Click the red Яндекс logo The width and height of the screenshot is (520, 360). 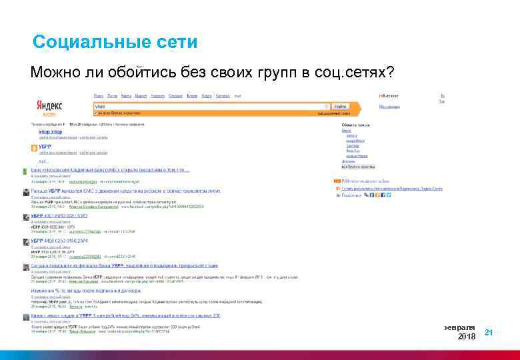point(49,106)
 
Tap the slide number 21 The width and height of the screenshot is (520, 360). point(489,332)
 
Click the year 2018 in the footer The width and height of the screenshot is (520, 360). point(467,337)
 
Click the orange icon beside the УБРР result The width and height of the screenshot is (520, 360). point(33,149)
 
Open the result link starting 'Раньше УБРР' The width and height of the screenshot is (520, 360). point(100,190)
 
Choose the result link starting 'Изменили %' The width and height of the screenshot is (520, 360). point(80,291)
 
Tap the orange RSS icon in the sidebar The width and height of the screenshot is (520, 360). point(337,181)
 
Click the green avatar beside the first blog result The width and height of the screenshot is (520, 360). point(25,170)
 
